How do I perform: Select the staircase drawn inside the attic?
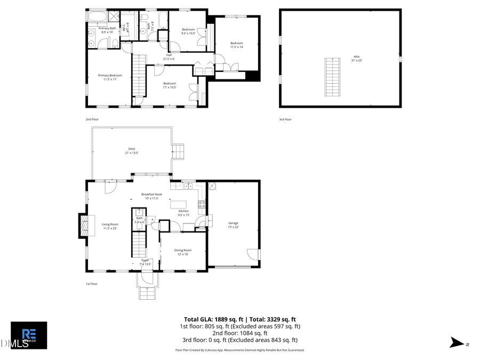(333, 77)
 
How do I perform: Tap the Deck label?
(131, 151)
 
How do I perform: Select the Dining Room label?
(182, 252)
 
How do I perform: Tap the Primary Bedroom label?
(110, 77)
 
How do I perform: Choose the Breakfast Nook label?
(151, 196)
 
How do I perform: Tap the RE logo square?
(29, 335)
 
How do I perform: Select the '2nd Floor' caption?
(92, 119)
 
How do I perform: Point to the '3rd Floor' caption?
(285, 119)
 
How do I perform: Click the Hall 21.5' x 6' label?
(169, 57)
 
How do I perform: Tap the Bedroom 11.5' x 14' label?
(236, 45)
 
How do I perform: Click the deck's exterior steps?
(179, 152)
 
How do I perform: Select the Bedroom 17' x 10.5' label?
(170, 85)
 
